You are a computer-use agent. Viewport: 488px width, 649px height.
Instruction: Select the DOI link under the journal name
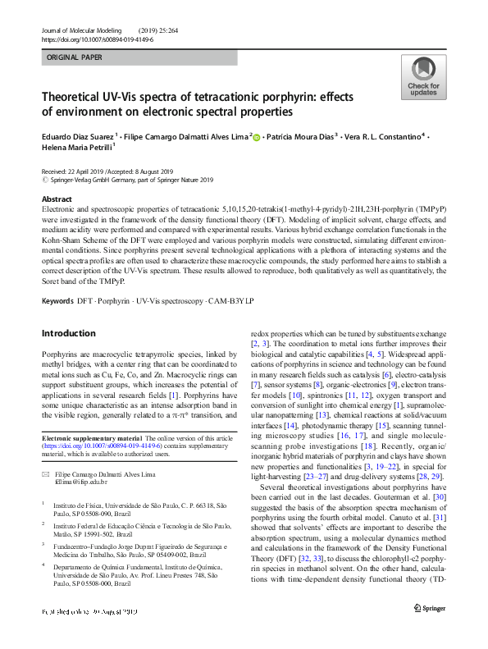(x=97, y=40)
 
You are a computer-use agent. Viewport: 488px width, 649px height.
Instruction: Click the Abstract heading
(x=57, y=199)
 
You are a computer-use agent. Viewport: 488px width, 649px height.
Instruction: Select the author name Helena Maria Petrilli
(x=75, y=149)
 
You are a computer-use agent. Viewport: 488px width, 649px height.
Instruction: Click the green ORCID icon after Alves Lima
(x=257, y=138)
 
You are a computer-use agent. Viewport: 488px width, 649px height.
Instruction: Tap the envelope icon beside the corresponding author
(x=46, y=474)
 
